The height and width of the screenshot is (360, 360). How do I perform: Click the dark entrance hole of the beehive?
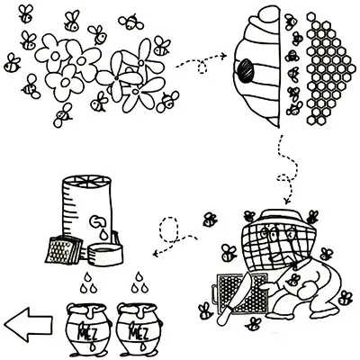point(246,71)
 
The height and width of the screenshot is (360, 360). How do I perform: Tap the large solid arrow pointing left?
point(28,325)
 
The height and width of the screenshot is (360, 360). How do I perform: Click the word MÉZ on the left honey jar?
point(85,333)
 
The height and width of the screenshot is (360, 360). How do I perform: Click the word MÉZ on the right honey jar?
point(137,333)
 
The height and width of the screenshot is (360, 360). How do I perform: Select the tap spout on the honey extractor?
point(98,221)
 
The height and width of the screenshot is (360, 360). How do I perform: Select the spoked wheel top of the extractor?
point(85,180)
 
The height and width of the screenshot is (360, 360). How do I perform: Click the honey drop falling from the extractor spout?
point(103,234)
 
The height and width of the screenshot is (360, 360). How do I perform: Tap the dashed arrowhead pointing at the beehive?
point(223,56)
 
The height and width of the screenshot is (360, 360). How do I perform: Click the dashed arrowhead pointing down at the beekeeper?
point(288,200)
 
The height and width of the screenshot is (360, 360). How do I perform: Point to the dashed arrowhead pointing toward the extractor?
point(156,254)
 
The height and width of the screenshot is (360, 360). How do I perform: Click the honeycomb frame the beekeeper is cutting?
point(240,293)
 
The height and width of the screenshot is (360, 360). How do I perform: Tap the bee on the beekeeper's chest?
point(292,280)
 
